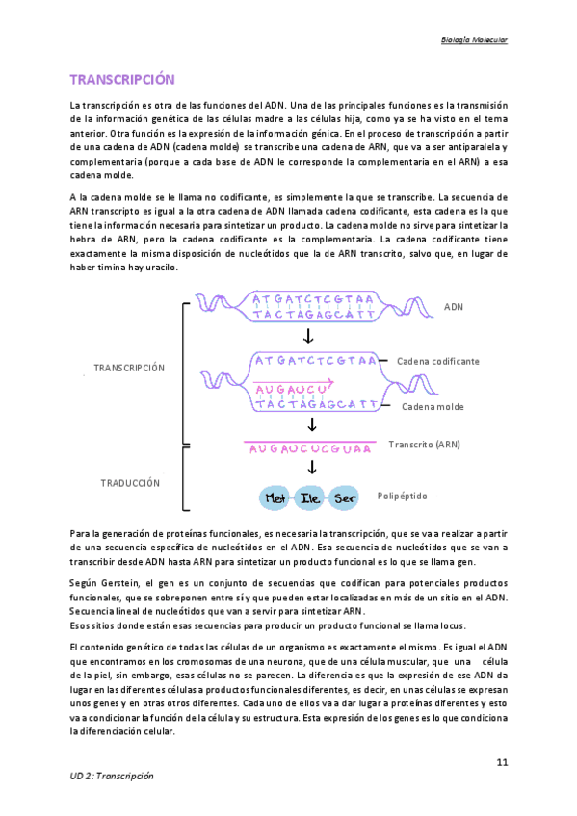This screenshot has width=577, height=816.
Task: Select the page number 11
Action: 502,763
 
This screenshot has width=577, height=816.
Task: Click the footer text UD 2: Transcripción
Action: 112,776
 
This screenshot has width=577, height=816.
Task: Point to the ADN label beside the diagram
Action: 454,306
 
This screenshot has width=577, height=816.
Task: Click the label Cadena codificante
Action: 438,361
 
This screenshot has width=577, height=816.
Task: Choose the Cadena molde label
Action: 433,407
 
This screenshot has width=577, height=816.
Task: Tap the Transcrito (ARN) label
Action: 424,445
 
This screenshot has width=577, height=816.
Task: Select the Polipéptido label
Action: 403,497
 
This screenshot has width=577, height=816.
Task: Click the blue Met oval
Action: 278,499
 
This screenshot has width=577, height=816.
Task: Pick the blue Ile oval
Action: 311,499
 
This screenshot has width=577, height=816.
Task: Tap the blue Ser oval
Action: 344,499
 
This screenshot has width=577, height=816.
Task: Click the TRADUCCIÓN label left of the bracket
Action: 130,483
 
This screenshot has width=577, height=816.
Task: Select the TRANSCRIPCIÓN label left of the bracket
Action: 129,368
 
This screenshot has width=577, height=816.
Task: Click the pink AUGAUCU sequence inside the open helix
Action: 285,388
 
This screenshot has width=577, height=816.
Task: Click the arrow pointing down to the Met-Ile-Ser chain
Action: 310,469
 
